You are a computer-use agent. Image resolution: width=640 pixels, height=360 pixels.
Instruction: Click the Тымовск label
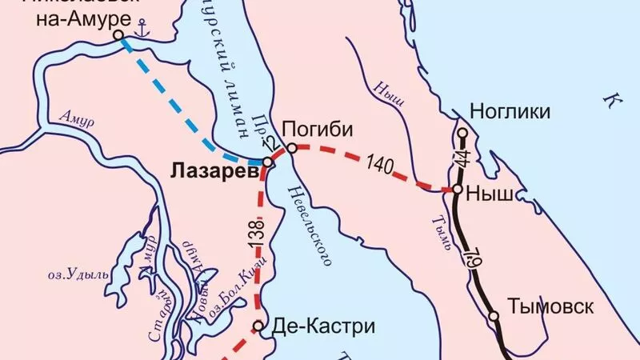pyautogui.click(x=550, y=306)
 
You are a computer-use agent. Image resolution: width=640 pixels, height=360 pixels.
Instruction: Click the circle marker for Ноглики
pyautogui.click(x=462, y=132)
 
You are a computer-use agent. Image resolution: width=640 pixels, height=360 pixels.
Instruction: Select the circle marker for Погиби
pyautogui.click(x=293, y=148)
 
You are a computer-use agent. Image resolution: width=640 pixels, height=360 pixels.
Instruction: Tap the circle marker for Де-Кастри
pyautogui.click(x=258, y=326)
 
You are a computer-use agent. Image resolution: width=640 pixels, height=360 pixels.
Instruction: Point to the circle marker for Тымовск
pyautogui.click(x=494, y=316)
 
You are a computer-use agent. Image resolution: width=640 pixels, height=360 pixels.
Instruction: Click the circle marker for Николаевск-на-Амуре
pyautogui.click(x=118, y=35)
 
